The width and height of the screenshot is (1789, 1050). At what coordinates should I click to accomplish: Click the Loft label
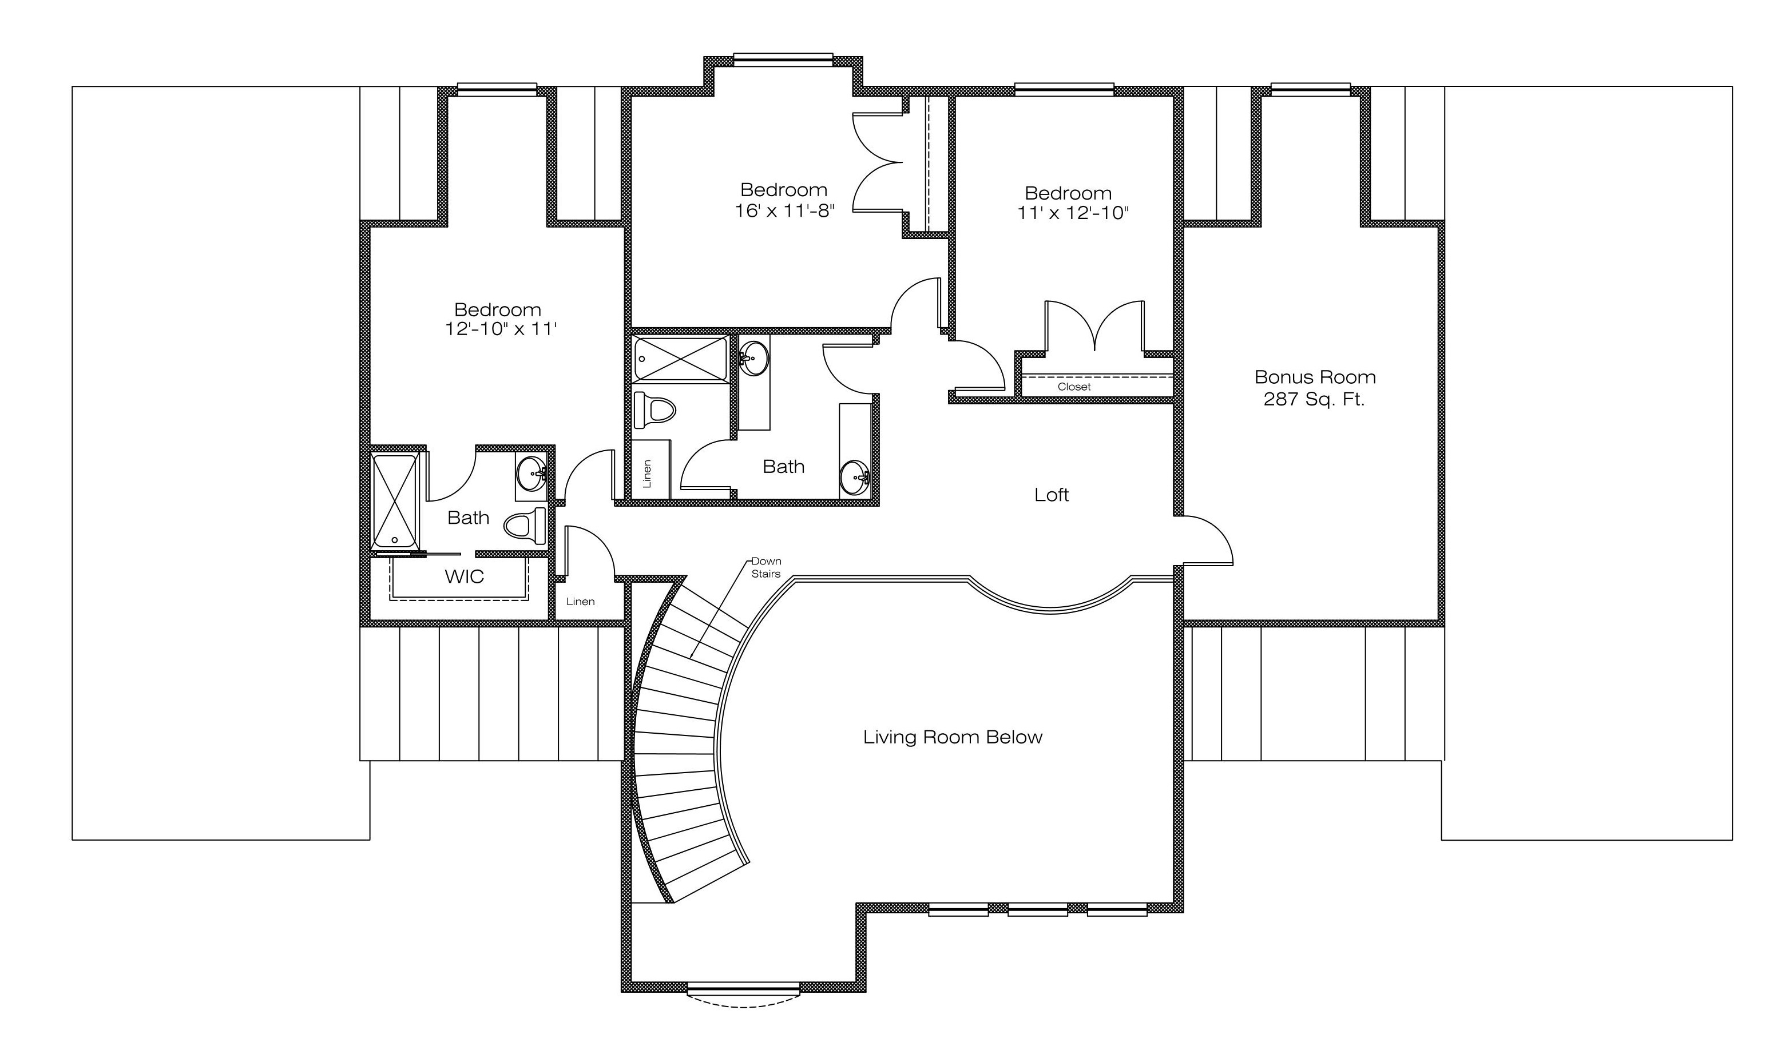pyautogui.click(x=1052, y=495)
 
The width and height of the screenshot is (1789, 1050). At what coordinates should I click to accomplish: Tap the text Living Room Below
pyautogui.click(x=953, y=737)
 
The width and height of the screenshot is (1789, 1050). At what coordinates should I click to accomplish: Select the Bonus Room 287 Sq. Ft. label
pyautogui.click(x=1315, y=388)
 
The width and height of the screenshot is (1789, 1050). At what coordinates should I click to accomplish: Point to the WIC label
pyautogui.click(x=465, y=576)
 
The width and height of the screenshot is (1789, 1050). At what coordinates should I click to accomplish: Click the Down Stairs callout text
pyautogui.click(x=766, y=567)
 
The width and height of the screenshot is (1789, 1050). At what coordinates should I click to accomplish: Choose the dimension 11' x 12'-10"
pyautogui.click(x=1073, y=213)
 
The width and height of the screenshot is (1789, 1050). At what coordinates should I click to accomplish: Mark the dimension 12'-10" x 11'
pyautogui.click(x=501, y=329)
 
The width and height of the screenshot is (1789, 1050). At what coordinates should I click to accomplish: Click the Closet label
pyautogui.click(x=1074, y=387)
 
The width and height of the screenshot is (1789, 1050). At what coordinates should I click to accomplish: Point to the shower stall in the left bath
pyautogui.click(x=395, y=502)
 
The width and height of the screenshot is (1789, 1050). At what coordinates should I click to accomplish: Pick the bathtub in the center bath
pyautogui.click(x=681, y=359)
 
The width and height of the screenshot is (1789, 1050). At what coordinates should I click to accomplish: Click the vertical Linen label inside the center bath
pyautogui.click(x=646, y=474)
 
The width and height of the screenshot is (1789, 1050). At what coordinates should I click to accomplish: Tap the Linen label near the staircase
pyautogui.click(x=580, y=602)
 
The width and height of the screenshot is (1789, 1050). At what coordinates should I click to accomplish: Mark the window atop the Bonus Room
pyautogui.click(x=1311, y=89)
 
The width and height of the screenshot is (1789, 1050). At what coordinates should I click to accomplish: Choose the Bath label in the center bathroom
pyautogui.click(x=784, y=466)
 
